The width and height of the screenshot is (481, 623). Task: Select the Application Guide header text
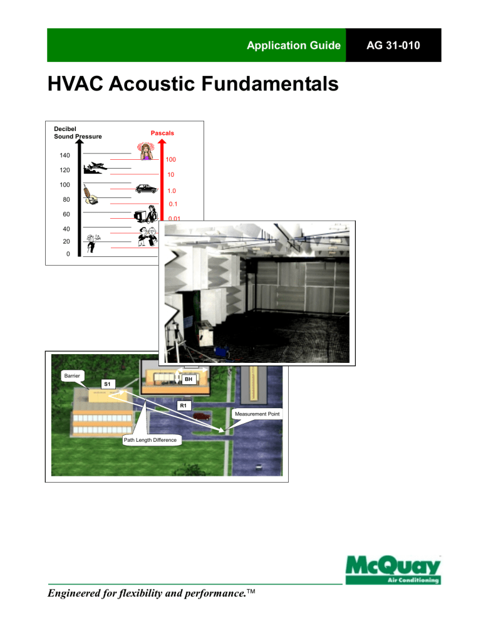(302, 46)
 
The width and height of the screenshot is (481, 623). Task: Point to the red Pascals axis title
(162, 133)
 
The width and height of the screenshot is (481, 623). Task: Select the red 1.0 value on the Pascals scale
(171, 191)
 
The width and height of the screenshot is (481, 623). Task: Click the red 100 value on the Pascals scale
(171, 160)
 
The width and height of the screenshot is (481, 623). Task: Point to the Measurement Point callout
(257, 414)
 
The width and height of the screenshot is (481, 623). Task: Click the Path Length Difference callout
(150, 441)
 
